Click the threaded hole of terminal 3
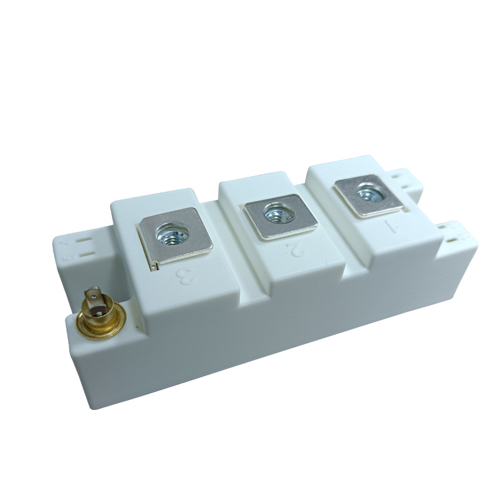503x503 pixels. click(x=171, y=235)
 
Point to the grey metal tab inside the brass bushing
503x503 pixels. click(x=95, y=301)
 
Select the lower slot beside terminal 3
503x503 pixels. click(x=88, y=254)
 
